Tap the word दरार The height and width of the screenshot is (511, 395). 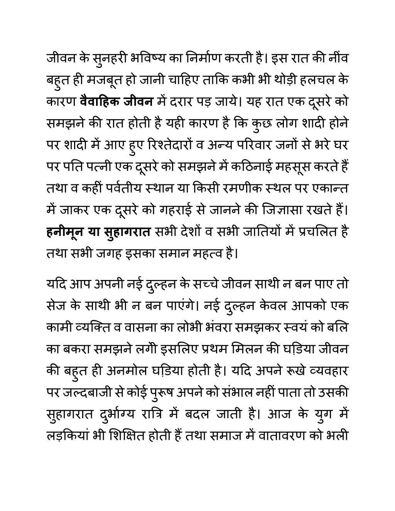pyautogui.click(x=187, y=101)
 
